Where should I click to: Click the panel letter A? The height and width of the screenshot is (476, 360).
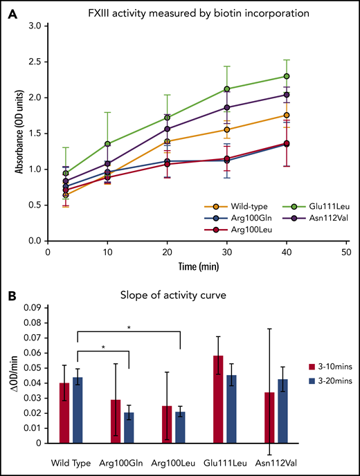coord(11,12)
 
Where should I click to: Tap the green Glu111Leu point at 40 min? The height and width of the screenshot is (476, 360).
coord(305,76)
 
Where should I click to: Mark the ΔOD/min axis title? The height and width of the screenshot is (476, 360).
coord(10,384)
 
